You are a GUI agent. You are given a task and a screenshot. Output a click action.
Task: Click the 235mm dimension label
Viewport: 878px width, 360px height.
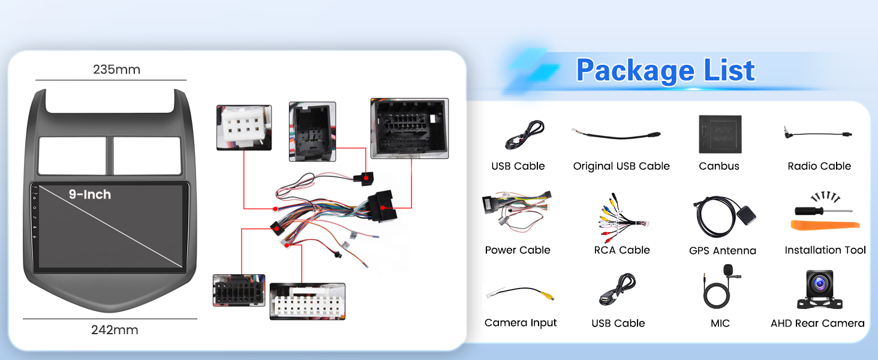click(116, 70)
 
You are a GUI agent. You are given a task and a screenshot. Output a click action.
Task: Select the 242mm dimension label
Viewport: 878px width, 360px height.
click(115, 330)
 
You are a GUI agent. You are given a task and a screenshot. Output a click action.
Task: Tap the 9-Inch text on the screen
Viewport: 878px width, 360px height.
click(89, 194)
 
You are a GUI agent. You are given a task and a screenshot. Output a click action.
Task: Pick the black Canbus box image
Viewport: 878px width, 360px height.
click(720, 134)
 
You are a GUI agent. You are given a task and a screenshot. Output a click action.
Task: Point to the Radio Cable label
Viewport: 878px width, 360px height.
click(819, 166)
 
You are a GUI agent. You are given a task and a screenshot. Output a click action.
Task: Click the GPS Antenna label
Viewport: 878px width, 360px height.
click(723, 251)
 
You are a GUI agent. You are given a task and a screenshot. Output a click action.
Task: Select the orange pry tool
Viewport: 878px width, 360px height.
click(825, 226)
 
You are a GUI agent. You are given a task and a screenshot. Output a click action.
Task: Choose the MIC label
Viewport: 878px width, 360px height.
click(720, 323)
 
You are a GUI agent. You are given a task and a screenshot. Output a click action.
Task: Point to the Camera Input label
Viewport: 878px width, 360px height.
click(521, 323)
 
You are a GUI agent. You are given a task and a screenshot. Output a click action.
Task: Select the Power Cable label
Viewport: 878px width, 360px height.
click(518, 250)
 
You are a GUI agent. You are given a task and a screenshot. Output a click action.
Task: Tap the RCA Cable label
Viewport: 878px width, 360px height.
click(622, 250)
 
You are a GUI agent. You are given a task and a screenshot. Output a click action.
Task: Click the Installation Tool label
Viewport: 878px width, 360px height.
click(825, 250)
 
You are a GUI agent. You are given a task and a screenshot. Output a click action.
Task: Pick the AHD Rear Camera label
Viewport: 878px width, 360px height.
click(817, 323)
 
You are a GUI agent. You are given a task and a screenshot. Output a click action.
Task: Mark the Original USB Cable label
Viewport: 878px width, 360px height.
click(621, 166)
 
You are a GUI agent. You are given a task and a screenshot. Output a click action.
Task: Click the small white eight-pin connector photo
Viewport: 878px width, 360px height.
click(243, 127)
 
